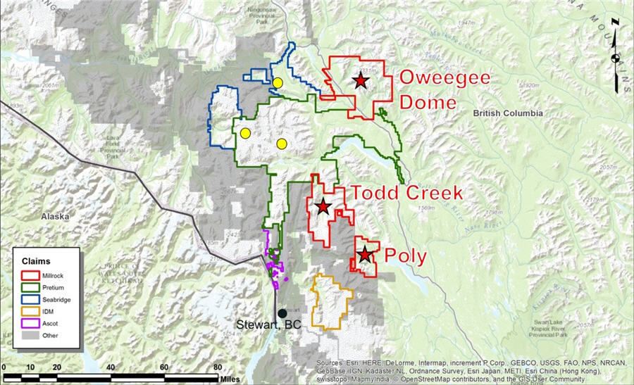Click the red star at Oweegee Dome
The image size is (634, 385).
click(x=361, y=81)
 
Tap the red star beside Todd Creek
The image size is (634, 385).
click(x=323, y=206)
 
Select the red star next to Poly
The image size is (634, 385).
click(x=365, y=255)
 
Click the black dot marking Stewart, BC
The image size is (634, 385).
click(x=282, y=313)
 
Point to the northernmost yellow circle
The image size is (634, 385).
click(x=278, y=83)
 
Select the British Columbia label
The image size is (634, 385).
click(x=508, y=113)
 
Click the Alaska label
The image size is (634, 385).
click(x=58, y=216)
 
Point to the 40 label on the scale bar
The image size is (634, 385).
click(x=111, y=367)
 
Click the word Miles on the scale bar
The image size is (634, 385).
click(x=230, y=379)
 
